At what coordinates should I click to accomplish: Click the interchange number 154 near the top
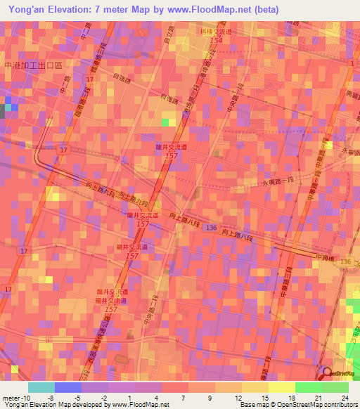216,41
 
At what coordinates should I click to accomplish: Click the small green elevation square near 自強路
165,122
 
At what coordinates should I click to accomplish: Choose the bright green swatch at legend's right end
335,387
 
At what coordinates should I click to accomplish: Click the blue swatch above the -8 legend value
68,387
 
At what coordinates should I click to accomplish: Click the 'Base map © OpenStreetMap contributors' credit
298,405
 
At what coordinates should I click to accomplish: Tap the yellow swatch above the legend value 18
282,387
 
